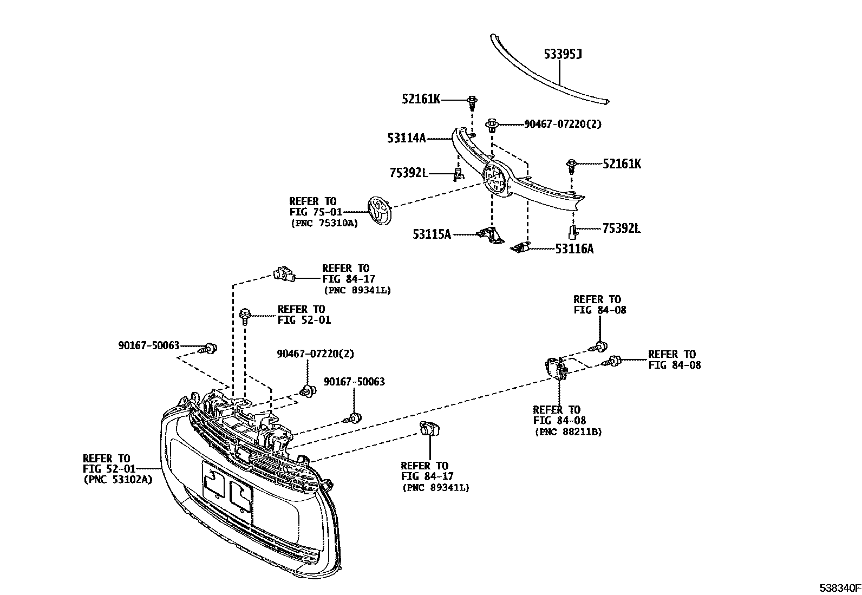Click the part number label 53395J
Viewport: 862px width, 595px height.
(x=563, y=54)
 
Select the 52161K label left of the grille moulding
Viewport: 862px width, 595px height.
(x=421, y=99)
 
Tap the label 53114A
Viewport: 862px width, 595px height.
(x=407, y=139)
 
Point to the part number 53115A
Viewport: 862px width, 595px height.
(x=432, y=234)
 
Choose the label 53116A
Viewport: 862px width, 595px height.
(x=574, y=249)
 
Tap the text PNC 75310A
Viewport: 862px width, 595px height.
(x=324, y=223)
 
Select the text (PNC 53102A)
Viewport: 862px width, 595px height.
(x=117, y=479)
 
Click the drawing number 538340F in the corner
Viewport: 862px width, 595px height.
(x=839, y=587)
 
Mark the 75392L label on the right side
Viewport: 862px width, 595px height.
(x=622, y=228)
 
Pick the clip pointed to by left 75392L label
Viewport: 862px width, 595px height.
(x=458, y=174)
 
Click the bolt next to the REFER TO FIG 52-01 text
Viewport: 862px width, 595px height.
(x=244, y=315)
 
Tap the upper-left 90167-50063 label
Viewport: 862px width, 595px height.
(x=148, y=345)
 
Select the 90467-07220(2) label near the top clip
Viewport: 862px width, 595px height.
(x=563, y=124)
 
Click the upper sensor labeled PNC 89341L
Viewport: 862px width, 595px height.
(x=284, y=274)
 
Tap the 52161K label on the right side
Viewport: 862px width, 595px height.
(x=622, y=164)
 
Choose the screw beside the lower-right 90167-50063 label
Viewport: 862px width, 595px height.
(x=354, y=417)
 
